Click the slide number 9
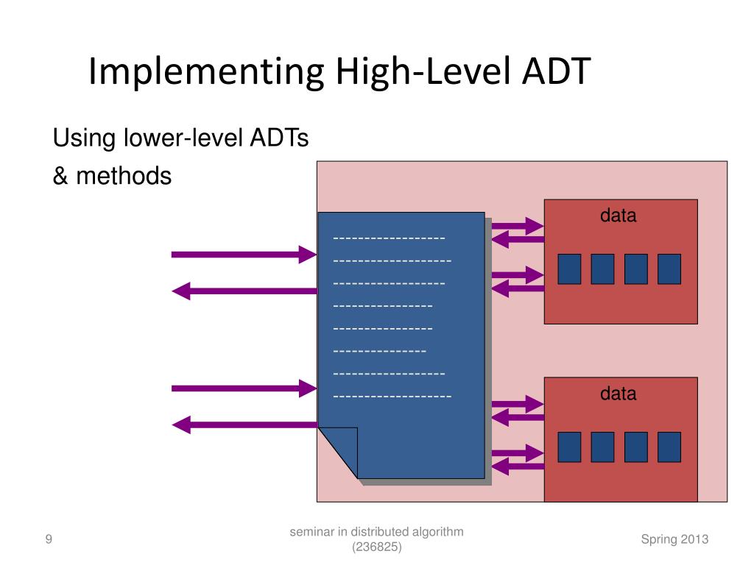49,540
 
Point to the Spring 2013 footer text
674,539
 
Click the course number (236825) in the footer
377,547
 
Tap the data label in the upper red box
618,216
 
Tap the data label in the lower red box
618,394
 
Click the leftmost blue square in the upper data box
569,269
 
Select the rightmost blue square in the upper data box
669,269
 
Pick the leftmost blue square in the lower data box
569,447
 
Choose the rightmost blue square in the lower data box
669,447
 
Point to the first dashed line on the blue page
389,238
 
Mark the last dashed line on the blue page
392,397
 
